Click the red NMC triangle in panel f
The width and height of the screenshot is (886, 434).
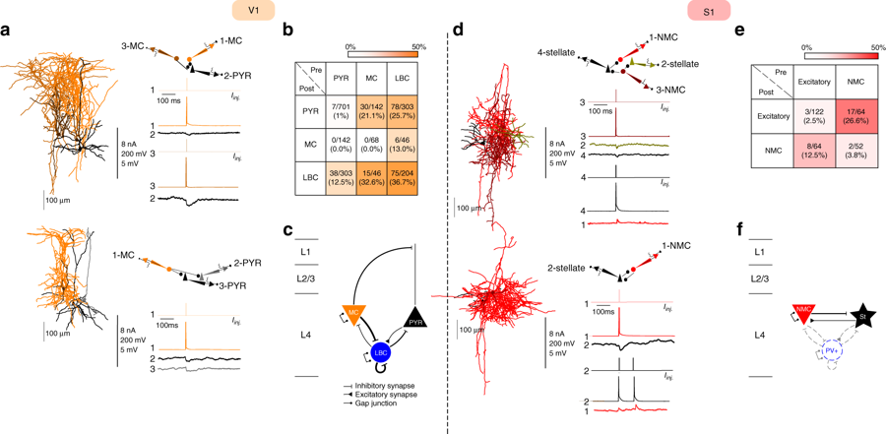[803, 316]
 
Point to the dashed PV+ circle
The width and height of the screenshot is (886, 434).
[833, 349]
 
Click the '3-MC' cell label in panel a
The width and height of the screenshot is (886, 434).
[134, 45]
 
